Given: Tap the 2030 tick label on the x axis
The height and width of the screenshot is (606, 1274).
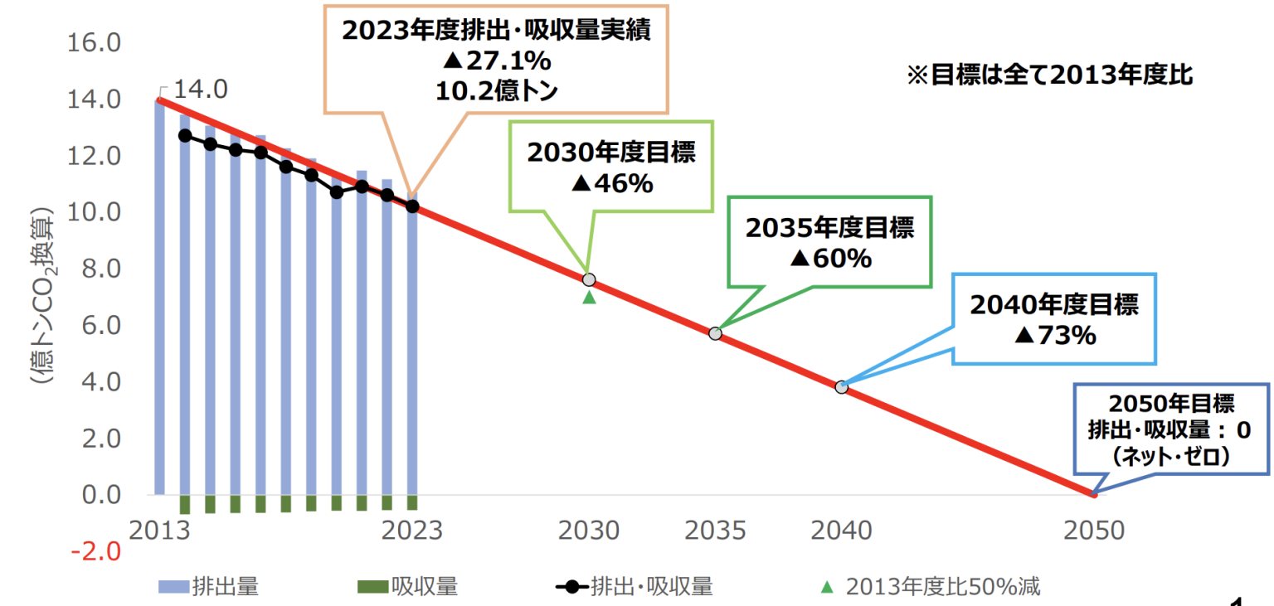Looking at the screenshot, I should [589, 531].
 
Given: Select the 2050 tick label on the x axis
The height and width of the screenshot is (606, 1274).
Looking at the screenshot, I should [1092, 531].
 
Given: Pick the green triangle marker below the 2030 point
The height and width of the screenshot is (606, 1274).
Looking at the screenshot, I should [589, 297].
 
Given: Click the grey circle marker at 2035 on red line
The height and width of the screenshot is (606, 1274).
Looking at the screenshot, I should [715, 333].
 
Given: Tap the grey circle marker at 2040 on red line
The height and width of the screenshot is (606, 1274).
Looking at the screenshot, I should [841, 387].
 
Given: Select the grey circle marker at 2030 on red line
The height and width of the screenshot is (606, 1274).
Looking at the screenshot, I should [589, 279].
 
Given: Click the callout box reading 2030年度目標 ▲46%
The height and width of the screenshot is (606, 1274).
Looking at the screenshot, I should [611, 167].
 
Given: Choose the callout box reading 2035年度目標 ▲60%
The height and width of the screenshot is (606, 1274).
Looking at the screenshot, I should [829, 242].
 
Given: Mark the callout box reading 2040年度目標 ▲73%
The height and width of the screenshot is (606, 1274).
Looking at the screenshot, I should [1054, 319].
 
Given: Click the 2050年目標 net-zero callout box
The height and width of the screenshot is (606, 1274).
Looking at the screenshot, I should [1171, 429].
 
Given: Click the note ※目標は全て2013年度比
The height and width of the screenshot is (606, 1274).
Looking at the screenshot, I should [1049, 75].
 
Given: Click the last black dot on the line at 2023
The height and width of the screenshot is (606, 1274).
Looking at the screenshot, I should [412, 206].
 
